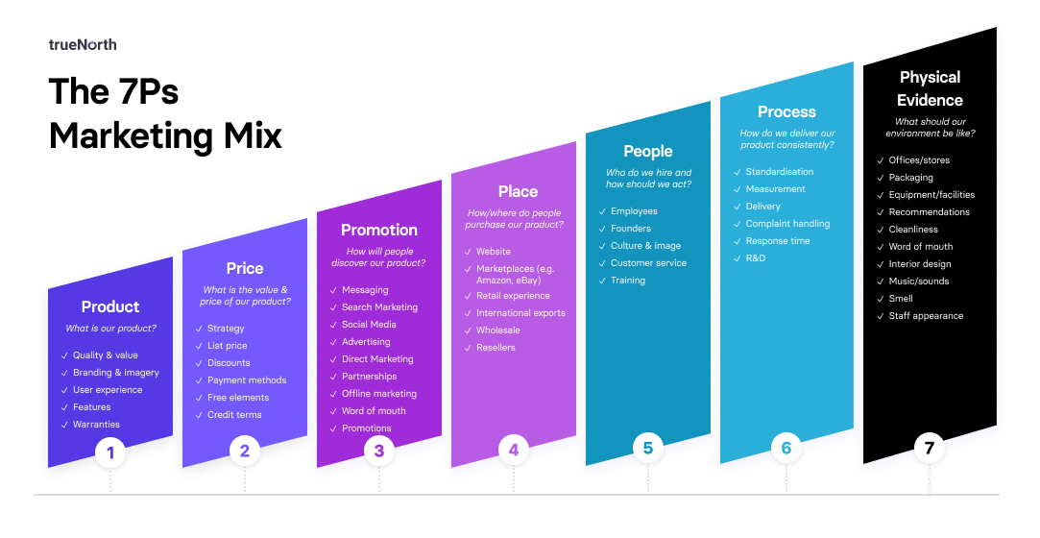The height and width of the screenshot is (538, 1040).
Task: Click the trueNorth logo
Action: (83, 44)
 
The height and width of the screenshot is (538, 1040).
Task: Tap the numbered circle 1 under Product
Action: (110, 452)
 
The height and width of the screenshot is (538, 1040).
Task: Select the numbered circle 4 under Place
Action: (514, 449)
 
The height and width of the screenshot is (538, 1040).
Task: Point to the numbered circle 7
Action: (929, 448)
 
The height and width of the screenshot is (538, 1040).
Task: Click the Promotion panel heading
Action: (379, 230)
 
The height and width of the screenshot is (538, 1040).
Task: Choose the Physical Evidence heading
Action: (930, 88)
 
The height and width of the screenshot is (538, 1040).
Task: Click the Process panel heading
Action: (786, 111)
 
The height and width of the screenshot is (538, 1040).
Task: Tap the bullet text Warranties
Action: (96, 425)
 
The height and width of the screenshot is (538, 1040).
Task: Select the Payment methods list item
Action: (247, 380)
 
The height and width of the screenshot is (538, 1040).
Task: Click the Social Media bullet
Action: (369, 325)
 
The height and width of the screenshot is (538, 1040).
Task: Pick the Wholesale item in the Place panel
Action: (497, 330)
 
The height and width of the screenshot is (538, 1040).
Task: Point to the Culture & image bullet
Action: (645, 246)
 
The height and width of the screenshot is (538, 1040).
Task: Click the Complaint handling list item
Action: (787, 224)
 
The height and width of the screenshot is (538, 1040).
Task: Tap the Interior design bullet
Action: (920, 264)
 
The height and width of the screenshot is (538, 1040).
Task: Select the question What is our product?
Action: (110, 329)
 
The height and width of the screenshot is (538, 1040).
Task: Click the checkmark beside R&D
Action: (737, 258)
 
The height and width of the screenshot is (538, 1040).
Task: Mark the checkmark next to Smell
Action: (880, 299)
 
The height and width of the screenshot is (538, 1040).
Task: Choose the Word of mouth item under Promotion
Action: (374, 411)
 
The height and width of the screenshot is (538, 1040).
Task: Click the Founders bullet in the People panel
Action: (631, 229)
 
